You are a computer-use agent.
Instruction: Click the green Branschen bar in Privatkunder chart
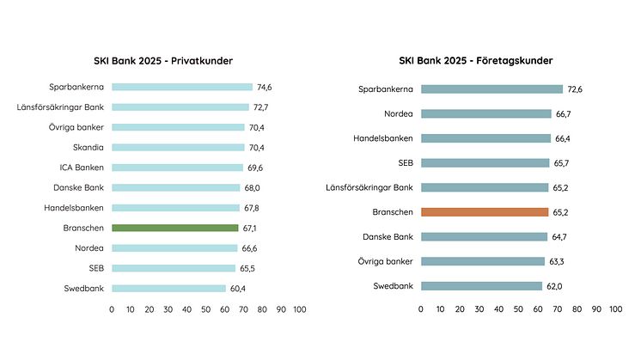pos(174,228)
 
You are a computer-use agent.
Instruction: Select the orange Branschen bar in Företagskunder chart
pos(485,212)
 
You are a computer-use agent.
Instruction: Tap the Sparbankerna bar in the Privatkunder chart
pos(182,87)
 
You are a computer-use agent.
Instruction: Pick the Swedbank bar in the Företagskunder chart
pos(481,286)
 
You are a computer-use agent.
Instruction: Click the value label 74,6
pos(266,87)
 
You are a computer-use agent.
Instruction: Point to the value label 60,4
pos(238,289)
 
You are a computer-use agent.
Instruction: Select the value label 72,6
pos(575,89)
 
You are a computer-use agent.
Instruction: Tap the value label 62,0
pos(554,286)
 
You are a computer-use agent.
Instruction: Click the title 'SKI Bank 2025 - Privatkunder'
pos(163,60)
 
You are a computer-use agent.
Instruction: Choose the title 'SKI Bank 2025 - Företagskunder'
pos(475,60)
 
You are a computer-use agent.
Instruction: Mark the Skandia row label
pos(89,147)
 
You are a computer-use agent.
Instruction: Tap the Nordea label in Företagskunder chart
pos(399,113)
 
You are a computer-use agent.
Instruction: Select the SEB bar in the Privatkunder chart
pos(174,268)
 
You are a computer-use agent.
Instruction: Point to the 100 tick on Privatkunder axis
pos(299,308)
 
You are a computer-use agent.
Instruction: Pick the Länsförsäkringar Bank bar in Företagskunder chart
pos(485,187)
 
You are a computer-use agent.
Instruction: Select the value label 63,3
pos(557,261)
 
